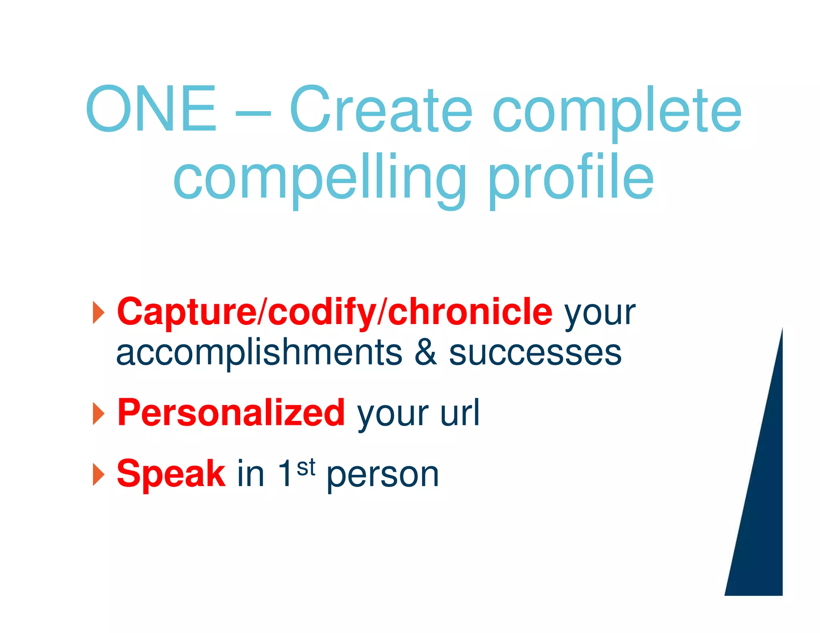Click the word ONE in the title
tap(151, 109)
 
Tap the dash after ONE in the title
tap(253, 113)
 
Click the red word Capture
tap(186, 312)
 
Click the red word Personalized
tap(231, 413)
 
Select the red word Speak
tap(171, 474)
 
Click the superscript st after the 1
tap(306, 467)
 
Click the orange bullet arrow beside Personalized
tap(98, 413)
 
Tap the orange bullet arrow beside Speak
tap(98, 475)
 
